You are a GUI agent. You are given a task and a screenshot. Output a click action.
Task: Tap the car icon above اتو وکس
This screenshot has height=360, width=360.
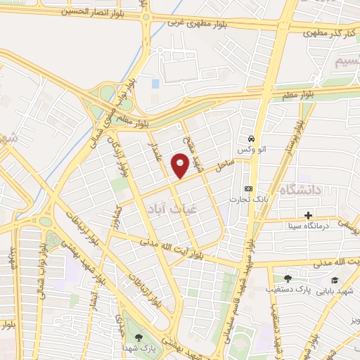[x=252, y=139]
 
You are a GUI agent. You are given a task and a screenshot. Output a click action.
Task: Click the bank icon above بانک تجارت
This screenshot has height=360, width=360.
[x=247, y=188]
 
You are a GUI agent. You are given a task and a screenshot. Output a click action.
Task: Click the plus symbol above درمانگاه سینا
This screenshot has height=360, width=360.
[x=307, y=214]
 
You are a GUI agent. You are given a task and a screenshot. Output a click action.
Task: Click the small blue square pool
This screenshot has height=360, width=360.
[x=155, y=84]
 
